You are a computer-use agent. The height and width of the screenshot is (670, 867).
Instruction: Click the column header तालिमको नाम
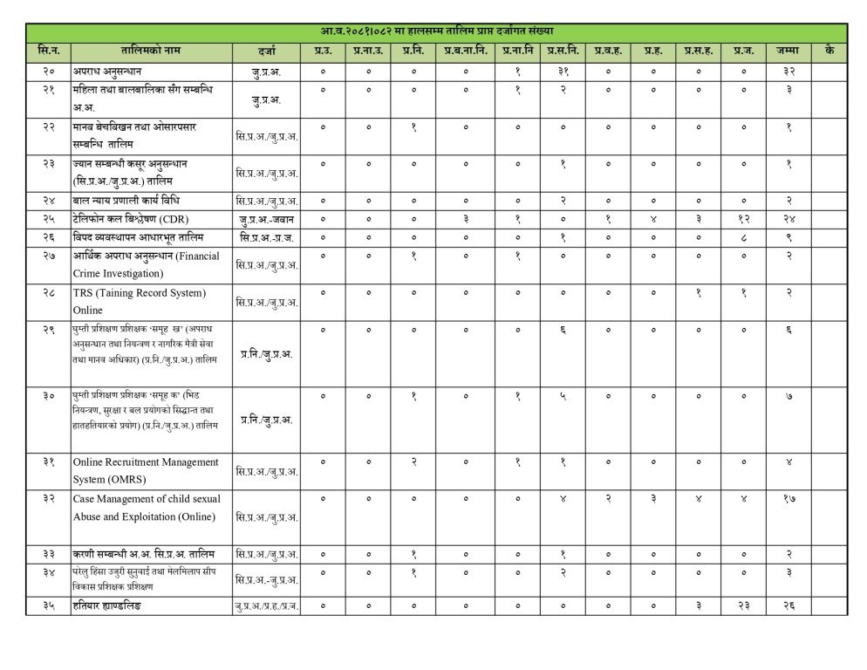click(152, 51)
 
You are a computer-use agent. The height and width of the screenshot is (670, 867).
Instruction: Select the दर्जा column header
click(267, 51)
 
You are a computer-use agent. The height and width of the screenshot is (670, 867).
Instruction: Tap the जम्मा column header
click(788, 51)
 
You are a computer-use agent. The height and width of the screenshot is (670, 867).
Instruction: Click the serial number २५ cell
click(48, 217)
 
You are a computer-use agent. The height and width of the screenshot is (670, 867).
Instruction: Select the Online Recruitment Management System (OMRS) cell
click(146, 469)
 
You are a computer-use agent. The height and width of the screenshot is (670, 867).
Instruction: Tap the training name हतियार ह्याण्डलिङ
click(107, 605)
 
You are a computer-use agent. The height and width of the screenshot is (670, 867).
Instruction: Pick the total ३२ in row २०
click(788, 70)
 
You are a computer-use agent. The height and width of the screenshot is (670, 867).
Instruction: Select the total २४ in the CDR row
click(788, 217)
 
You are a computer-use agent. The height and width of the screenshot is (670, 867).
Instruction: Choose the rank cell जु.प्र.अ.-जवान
click(267, 218)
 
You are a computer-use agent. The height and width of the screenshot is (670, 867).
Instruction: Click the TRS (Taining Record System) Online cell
click(140, 301)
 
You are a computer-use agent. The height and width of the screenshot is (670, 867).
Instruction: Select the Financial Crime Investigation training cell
click(147, 263)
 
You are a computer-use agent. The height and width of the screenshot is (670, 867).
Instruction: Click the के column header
click(829, 51)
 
